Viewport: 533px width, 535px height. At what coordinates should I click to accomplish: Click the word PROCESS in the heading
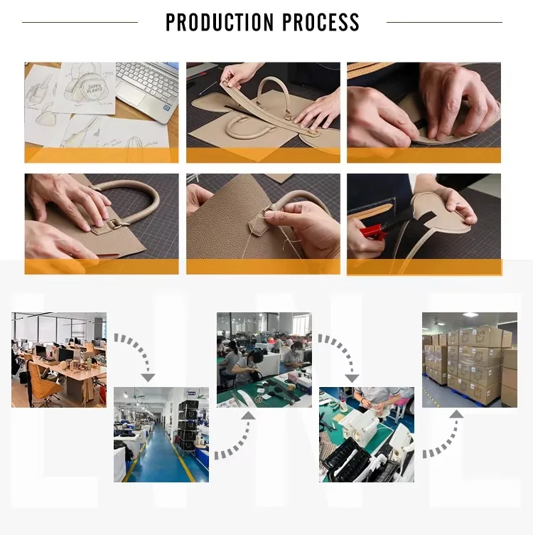click(x=321, y=22)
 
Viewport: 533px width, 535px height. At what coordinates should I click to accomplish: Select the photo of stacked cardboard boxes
click(x=469, y=359)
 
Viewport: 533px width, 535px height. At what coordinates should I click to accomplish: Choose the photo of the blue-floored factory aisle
click(x=161, y=434)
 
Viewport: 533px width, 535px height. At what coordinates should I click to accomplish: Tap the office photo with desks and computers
click(x=59, y=359)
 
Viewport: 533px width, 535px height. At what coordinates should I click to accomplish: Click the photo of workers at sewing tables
click(x=264, y=359)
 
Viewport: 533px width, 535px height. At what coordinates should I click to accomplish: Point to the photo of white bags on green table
click(x=367, y=434)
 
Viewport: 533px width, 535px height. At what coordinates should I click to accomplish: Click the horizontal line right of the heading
click(x=444, y=22)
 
